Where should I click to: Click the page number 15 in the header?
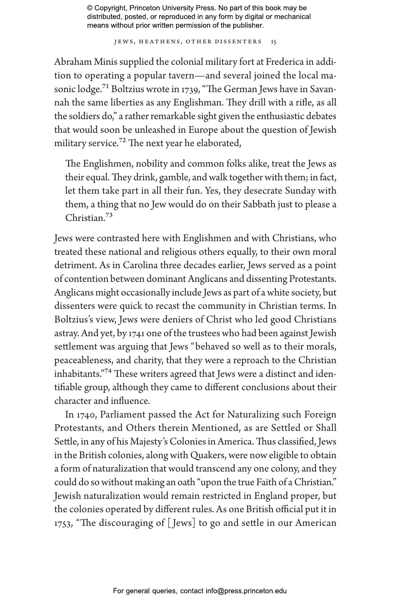tap(274, 42)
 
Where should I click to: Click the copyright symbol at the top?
tap(90, 8)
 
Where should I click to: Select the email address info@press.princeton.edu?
tap(246, 591)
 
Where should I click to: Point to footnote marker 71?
tap(105, 86)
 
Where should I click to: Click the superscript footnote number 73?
tap(109, 215)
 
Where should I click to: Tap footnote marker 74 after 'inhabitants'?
tap(108, 371)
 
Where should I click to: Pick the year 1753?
tap(63, 523)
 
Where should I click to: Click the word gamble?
tap(171, 177)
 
